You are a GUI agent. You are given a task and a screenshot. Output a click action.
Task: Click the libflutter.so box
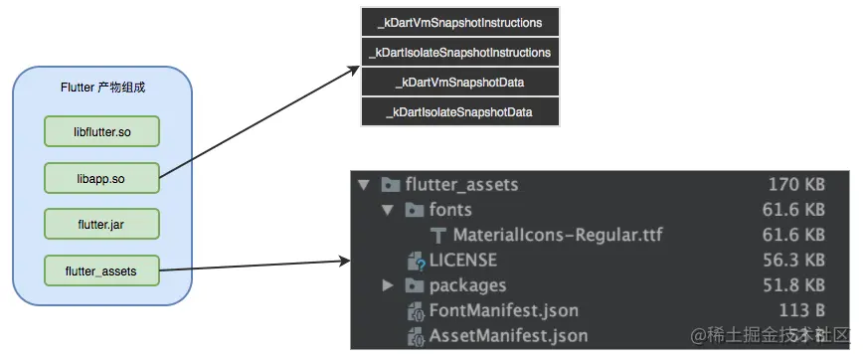tap(102, 132)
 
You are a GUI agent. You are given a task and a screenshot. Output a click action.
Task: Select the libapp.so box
tap(102, 178)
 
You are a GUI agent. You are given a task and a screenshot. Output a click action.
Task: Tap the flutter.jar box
tap(102, 224)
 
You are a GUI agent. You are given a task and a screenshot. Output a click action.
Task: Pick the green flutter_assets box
tap(102, 270)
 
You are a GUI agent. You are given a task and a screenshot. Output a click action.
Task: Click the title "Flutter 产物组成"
tap(102, 89)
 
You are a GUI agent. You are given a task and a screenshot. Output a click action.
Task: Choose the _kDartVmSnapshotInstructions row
tap(459, 22)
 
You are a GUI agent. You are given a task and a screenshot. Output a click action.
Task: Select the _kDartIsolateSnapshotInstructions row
tap(459, 52)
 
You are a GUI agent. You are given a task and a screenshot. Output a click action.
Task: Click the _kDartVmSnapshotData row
tap(459, 82)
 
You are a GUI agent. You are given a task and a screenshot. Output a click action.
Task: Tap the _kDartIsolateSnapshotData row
tap(459, 111)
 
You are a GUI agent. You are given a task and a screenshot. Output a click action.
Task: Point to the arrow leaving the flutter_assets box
tap(254, 266)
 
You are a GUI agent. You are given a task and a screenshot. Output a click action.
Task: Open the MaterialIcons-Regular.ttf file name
tap(557, 236)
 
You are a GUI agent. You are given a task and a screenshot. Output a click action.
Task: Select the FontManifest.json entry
tap(503, 311)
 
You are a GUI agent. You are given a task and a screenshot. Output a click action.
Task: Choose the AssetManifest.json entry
tap(508, 336)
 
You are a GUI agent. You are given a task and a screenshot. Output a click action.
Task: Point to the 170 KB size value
tap(796, 184)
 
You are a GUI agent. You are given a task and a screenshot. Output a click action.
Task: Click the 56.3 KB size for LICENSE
tap(796, 261)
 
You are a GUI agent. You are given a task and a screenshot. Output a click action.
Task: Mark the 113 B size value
tap(803, 311)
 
